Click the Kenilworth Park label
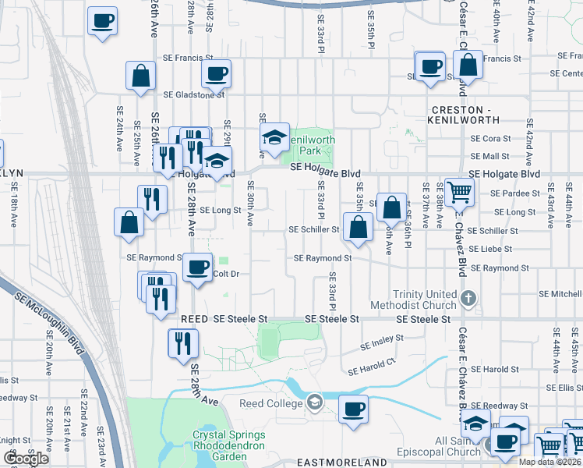click(310, 145)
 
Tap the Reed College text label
click(274, 403)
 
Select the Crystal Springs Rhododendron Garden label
click(229, 441)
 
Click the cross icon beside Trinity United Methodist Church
click(468, 297)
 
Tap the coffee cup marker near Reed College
click(352, 409)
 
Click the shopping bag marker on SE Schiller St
click(358, 228)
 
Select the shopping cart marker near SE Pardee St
click(458, 190)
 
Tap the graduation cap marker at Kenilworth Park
click(274, 139)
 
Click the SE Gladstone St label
click(193, 94)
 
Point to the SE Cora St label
click(490, 138)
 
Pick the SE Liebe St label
click(491, 249)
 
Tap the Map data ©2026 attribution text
click(550, 462)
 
